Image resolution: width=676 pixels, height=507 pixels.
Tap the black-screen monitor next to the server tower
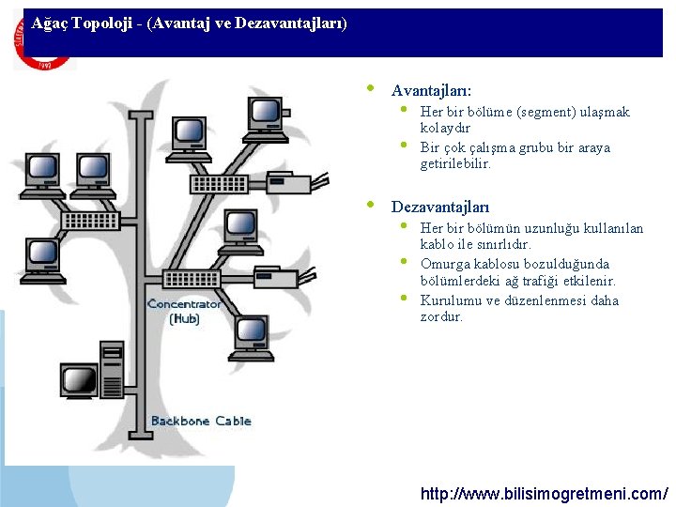(79, 382)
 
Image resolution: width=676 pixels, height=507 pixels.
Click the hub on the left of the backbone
(90, 221)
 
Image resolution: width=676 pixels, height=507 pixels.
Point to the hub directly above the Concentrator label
(191, 279)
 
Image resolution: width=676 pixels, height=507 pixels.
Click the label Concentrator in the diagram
(184, 303)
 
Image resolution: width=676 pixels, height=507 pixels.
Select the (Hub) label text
(184, 319)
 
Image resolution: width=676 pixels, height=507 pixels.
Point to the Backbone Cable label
(201, 421)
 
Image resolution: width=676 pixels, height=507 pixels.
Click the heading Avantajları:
(431, 91)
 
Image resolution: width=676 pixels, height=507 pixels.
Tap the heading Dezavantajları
(439, 206)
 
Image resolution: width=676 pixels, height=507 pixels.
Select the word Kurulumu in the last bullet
(450, 300)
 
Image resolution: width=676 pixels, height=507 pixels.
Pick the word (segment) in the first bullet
(544, 112)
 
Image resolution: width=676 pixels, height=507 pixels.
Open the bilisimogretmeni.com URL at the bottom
(545, 492)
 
